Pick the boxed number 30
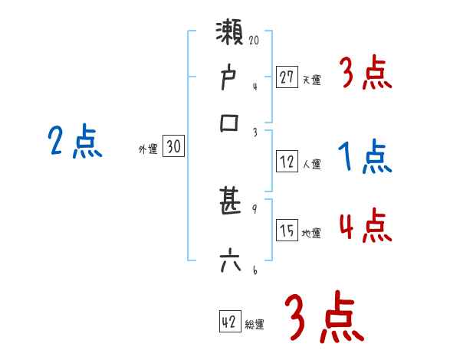tap(174, 148)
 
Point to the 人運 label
tap(311, 164)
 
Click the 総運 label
tap(254, 325)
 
